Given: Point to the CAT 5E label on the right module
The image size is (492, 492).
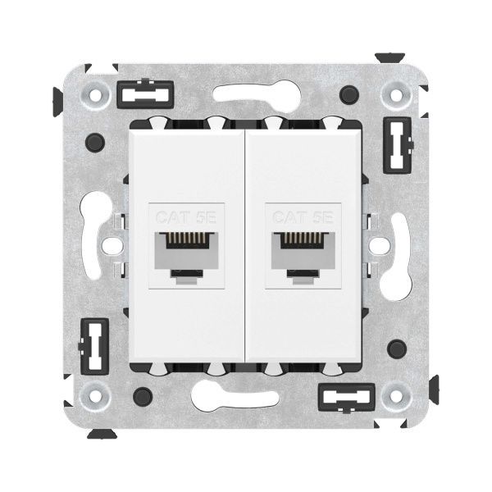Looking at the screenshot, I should (301, 218).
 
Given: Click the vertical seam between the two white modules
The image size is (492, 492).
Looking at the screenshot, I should (246, 246).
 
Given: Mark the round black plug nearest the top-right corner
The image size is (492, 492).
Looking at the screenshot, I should (352, 92).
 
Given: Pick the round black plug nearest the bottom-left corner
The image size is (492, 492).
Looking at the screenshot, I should (140, 397).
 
